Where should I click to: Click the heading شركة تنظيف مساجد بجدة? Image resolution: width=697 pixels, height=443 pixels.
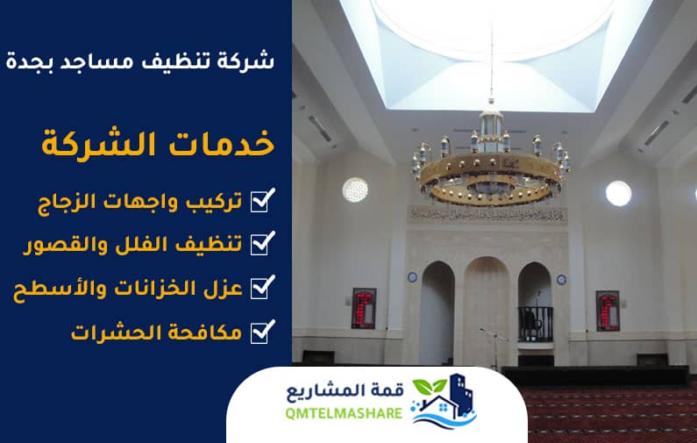coord(140,61)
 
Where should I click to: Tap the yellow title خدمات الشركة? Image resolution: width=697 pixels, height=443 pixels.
coord(158,143)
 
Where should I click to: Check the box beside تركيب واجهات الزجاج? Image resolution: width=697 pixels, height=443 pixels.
coord(263,200)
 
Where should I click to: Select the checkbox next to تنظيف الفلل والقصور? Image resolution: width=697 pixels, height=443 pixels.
coord(263,243)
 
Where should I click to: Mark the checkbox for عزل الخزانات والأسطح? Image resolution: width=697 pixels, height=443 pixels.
coord(263,287)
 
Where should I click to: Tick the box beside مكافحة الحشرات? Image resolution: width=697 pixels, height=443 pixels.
coord(263,332)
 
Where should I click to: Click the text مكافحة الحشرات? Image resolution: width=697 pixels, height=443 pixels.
coord(156,332)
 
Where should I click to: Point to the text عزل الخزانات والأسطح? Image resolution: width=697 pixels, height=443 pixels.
coord(128,289)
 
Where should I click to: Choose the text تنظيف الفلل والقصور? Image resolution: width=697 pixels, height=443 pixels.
coord(133,245)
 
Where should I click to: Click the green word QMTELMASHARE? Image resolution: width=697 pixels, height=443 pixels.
coord(344,414)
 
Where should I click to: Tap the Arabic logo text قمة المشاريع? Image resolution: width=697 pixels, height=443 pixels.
coord(345,391)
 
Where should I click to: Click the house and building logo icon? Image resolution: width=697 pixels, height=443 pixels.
coord(443,401)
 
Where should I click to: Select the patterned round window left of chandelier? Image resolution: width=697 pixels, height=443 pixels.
coord(355,190)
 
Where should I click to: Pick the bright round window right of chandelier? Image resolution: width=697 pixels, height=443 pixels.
coord(618,194)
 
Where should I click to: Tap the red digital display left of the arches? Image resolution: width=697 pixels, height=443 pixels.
coord(364,308)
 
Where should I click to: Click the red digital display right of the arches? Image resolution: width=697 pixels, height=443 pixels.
coord(608,311)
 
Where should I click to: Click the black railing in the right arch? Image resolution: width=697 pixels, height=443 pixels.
coord(535,324)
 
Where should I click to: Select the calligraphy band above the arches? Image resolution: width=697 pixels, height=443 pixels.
coord(487,215)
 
